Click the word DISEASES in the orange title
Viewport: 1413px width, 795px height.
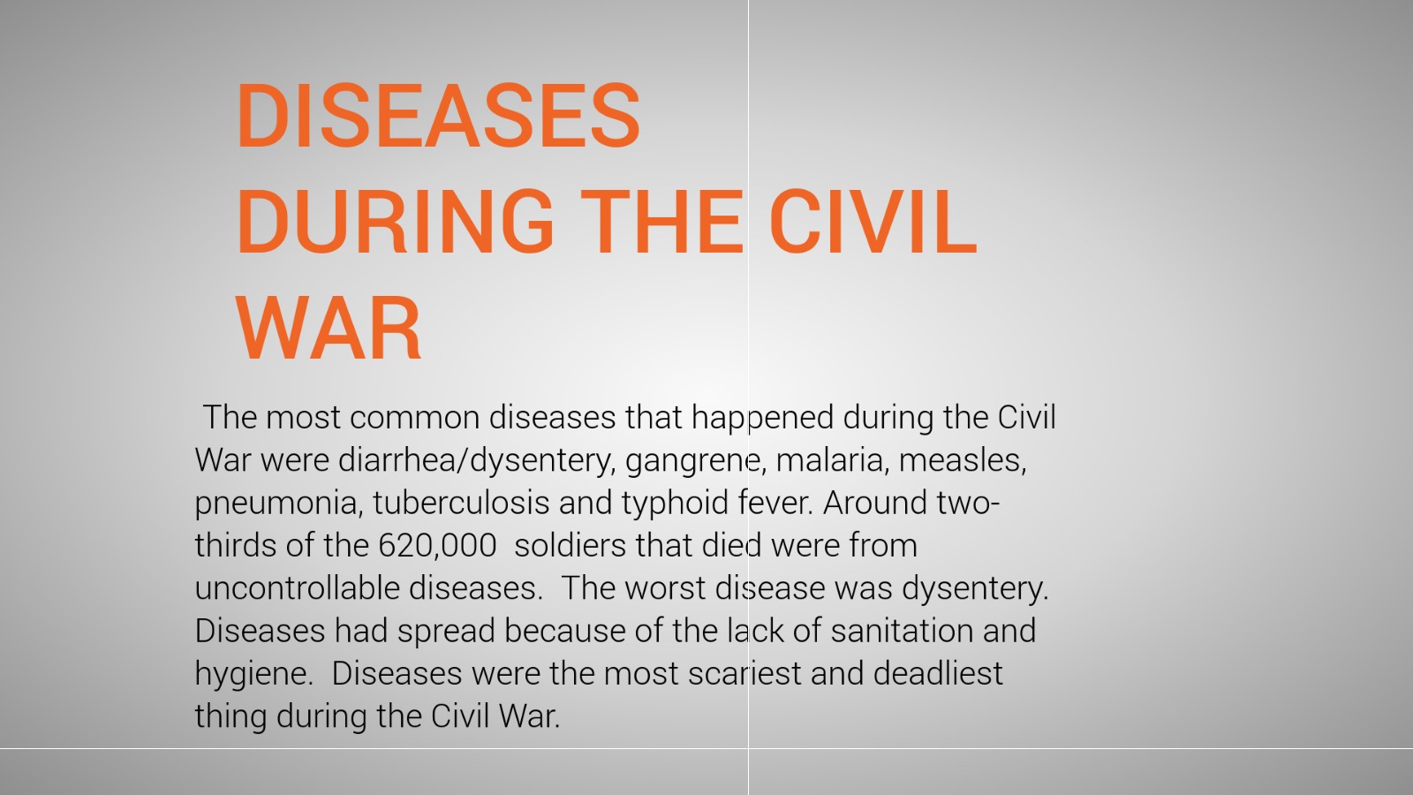pos(438,116)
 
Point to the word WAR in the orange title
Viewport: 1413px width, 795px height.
pos(329,329)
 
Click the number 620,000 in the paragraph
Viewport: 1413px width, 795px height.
pos(437,545)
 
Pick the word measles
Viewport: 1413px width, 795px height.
pos(963,460)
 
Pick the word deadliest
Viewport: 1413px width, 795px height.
pos(938,673)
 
